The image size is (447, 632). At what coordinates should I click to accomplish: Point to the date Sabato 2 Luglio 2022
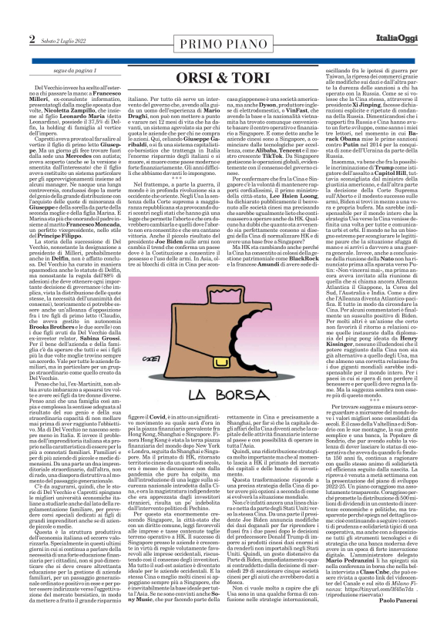coord(62,40)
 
